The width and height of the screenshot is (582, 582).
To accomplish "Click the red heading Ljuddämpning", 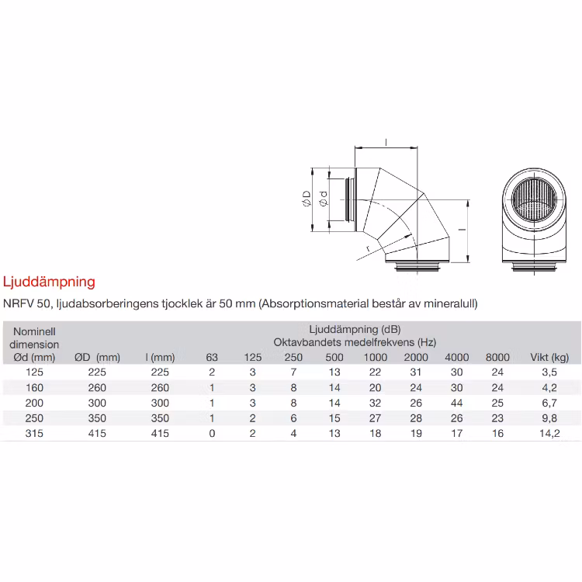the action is coord(49,282).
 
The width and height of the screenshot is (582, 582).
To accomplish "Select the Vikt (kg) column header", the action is coord(549,357).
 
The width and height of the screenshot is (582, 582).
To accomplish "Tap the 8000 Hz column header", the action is coord(497,357).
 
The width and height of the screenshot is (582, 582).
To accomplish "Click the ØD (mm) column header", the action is coord(97,357).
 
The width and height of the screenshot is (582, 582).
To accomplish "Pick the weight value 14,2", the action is coord(549,433).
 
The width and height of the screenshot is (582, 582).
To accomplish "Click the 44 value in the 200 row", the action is coord(456,403).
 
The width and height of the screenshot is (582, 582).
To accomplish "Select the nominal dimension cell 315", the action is coord(34,433).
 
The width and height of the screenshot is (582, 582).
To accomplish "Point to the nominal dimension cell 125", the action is coord(34,372).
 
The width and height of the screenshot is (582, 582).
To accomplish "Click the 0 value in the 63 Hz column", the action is coord(212,433).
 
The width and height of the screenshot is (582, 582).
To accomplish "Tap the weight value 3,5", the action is coord(549,372).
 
